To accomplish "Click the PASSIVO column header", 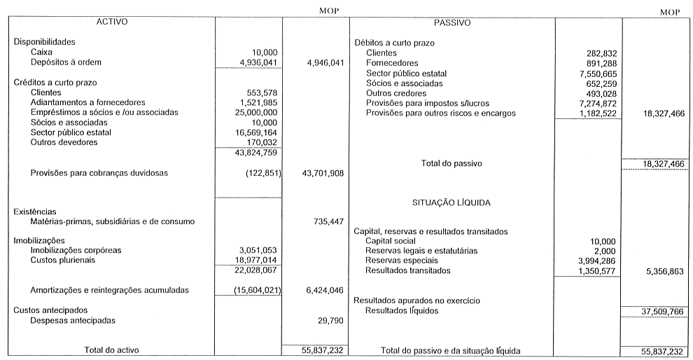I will [451, 22].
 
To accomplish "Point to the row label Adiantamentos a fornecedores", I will [85, 102].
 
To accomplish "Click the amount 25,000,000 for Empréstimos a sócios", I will [255, 112].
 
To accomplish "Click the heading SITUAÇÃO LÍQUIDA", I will [451, 202].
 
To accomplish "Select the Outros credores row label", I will [396, 93].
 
